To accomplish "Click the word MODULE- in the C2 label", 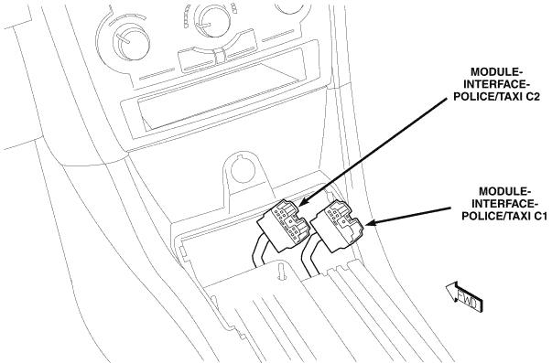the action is [x=497, y=71].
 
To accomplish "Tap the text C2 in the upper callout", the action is [x=532, y=96].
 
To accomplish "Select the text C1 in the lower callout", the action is [x=540, y=216].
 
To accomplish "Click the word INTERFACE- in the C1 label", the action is [x=504, y=204].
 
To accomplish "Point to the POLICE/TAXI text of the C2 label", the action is [x=488, y=96].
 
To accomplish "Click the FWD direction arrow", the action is [x=464, y=297].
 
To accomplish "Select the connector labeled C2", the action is [x=284, y=226].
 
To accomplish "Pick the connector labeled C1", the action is [x=337, y=226].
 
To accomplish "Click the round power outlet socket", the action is [x=243, y=170].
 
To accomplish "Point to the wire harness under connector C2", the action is [x=261, y=251].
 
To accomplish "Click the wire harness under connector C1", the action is [x=310, y=257].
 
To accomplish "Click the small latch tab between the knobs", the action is [x=219, y=57].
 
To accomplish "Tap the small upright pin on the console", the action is [x=281, y=271].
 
